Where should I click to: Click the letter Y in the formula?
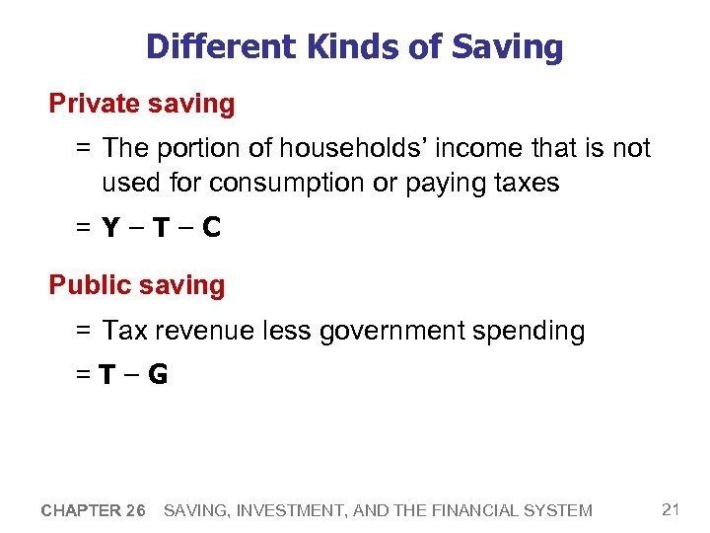[111, 228]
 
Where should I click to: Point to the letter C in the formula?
[210, 228]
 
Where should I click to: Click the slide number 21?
[672, 509]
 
